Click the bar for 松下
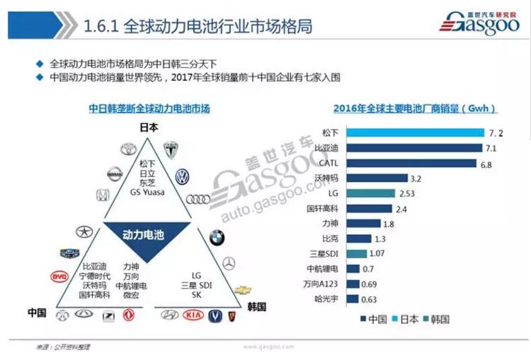[x=410, y=133]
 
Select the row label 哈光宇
[x=327, y=299]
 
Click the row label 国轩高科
[x=321, y=208]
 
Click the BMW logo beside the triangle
[x=217, y=238]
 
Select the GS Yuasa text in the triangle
[x=149, y=191]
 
